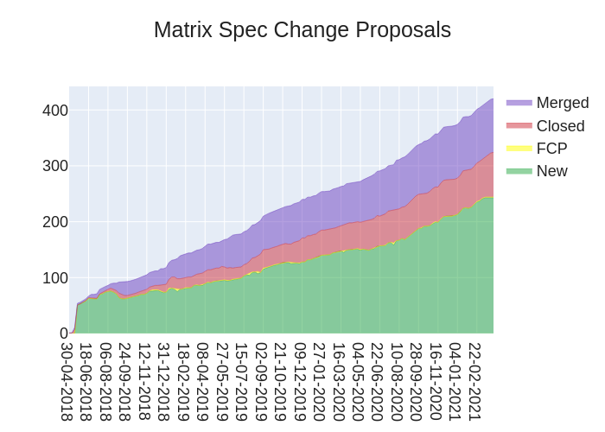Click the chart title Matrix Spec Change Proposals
point(302,30)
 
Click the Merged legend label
point(562,103)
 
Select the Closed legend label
point(560,126)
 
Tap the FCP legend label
point(551,149)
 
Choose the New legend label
point(551,171)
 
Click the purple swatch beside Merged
point(519,103)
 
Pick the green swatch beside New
point(519,171)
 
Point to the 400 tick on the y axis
point(55,111)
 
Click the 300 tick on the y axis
point(55,166)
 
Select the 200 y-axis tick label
point(55,222)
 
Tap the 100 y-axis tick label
point(55,278)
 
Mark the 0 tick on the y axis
point(63,334)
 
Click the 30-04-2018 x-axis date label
point(67,381)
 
